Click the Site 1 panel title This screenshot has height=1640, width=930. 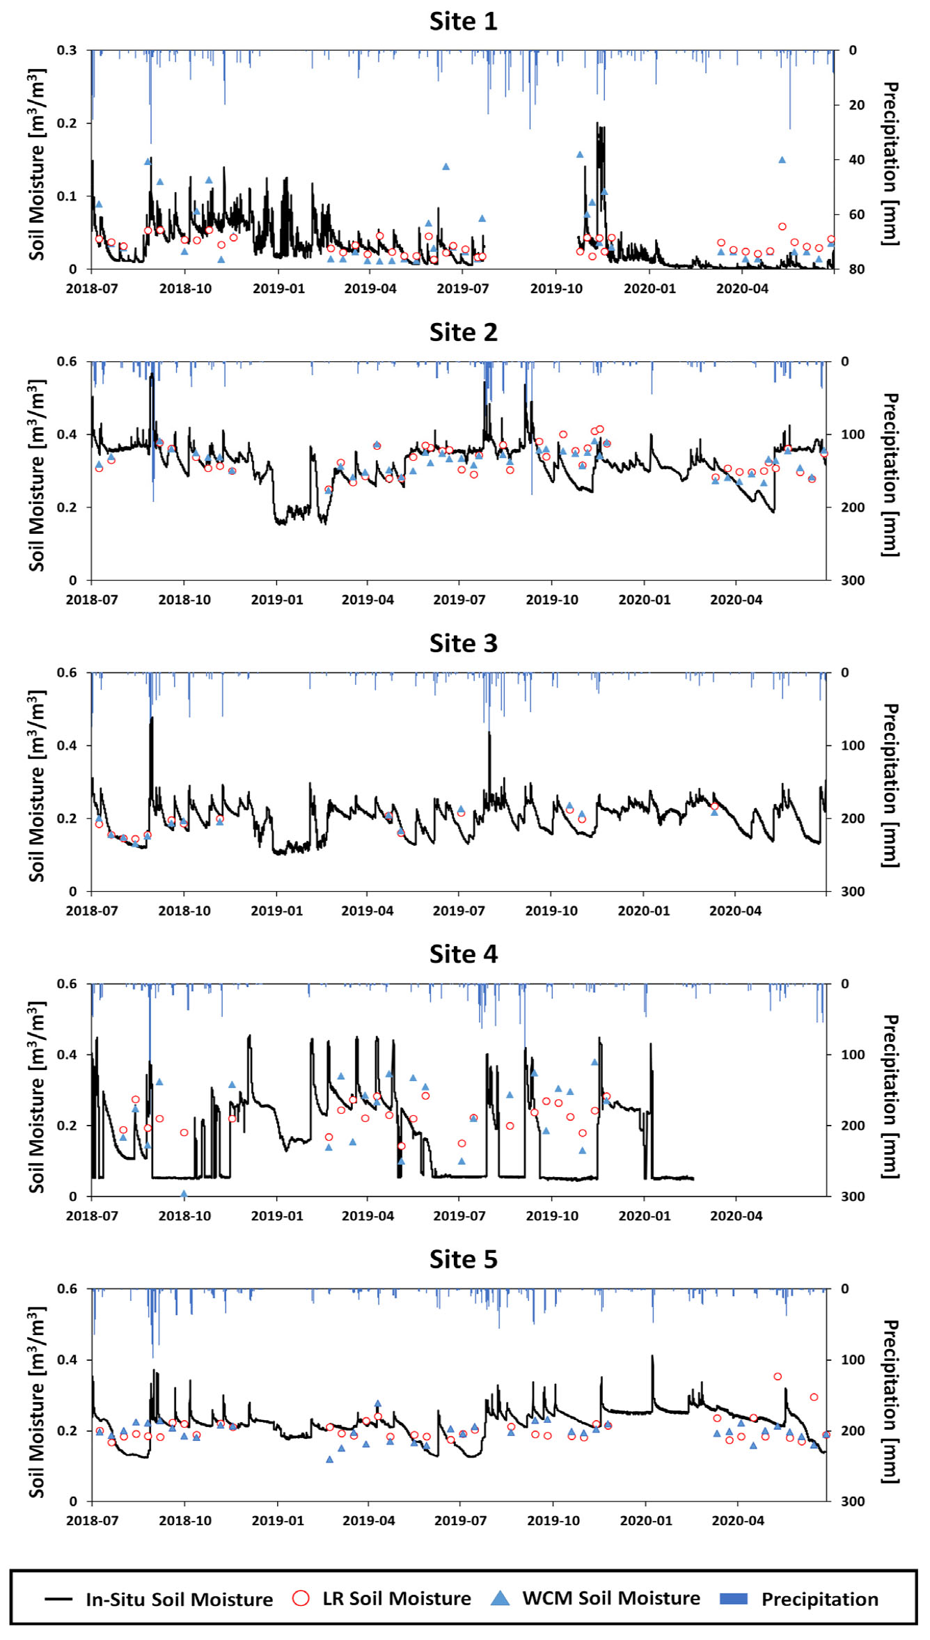(463, 22)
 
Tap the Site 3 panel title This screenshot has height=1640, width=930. (463, 643)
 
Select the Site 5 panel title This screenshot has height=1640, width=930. (463, 1259)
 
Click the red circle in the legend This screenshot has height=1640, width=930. (301, 1598)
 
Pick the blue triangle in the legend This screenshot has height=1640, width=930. (500, 1598)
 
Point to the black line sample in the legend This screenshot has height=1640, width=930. (58, 1599)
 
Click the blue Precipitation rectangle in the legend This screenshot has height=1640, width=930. (733, 1598)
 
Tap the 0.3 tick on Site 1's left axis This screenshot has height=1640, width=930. (67, 50)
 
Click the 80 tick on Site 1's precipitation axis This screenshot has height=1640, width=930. (857, 269)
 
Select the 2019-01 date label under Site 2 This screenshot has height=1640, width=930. (277, 600)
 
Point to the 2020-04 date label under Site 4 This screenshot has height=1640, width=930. (736, 1216)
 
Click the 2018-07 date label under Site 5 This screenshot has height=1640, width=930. (92, 1521)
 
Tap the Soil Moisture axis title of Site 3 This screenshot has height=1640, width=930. (36, 786)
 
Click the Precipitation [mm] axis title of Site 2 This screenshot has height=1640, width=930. (890, 475)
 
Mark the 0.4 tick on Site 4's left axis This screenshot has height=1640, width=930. (67, 1055)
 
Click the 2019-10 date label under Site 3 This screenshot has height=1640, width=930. (551, 911)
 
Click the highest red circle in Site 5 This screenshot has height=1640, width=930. (778, 1376)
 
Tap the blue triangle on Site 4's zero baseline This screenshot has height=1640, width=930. (184, 1194)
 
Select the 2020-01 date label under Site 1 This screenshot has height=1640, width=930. (649, 289)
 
